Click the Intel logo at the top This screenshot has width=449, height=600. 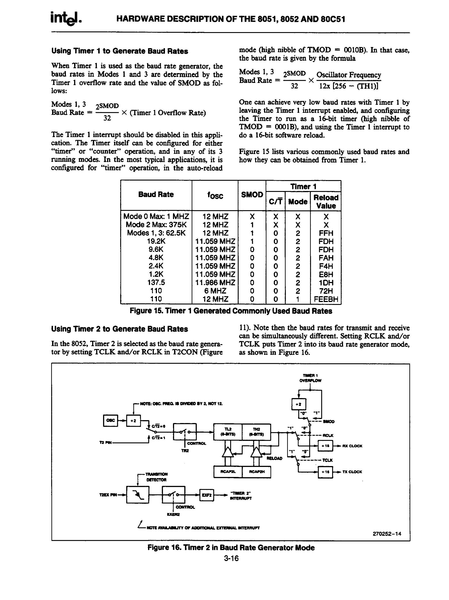(66, 19)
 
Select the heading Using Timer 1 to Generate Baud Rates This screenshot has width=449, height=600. (120, 51)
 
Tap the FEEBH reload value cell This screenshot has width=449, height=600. (326, 299)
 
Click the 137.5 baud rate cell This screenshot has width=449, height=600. (156, 283)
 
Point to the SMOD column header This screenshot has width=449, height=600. (252, 195)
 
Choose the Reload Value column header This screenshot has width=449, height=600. (326, 201)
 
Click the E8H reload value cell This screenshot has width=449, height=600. (326, 275)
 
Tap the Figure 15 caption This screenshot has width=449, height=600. (231, 311)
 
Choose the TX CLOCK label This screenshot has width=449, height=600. (352, 472)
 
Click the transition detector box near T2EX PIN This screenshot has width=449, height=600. (138, 495)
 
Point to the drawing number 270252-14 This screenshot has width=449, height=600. (387, 534)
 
